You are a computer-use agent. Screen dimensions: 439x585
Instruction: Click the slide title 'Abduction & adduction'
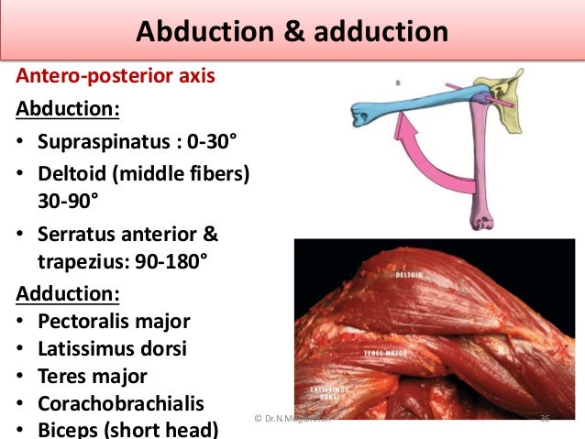click(x=292, y=33)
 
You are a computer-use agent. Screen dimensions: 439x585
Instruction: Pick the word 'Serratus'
click(x=77, y=234)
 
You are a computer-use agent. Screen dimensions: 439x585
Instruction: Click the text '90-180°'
click(x=170, y=262)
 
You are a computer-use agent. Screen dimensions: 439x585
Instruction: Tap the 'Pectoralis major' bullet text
click(x=114, y=322)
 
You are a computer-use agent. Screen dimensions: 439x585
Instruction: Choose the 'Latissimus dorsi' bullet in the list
click(x=113, y=349)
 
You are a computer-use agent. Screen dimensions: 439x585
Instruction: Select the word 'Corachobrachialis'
click(x=121, y=404)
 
